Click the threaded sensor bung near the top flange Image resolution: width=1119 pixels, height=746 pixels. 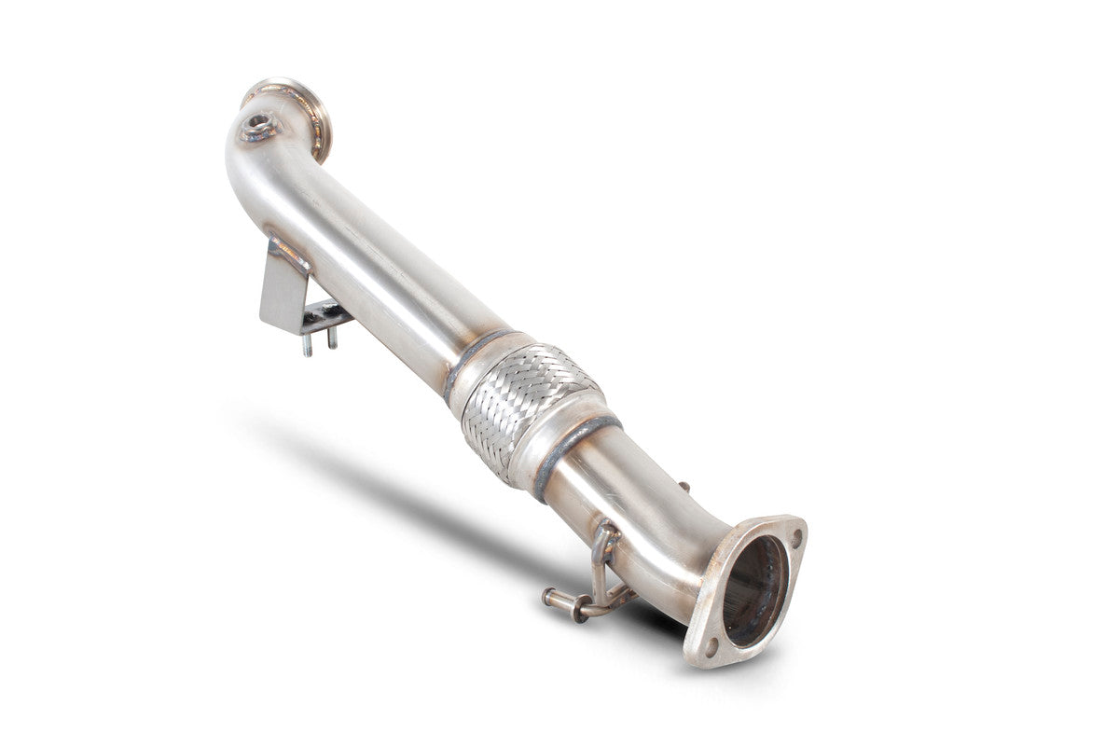click(x=259, y=125)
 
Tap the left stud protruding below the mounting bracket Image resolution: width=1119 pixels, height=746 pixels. click(x=306, y=345)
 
